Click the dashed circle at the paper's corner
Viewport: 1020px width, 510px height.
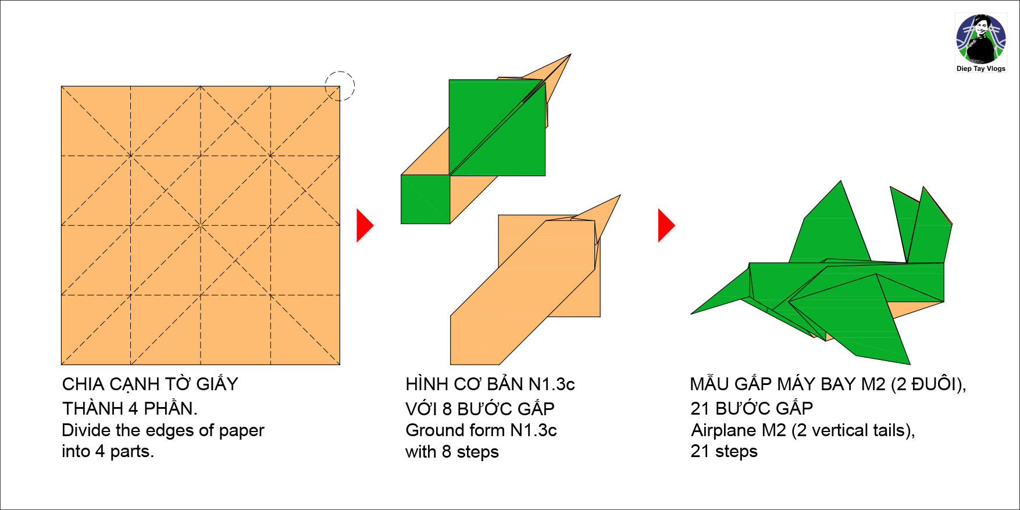(x=340, y=86)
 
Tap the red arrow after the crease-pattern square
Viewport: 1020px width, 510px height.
(x=364, y=226)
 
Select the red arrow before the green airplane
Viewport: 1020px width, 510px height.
(x=665, y=226)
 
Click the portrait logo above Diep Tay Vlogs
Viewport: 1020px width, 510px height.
(x=981, y=39)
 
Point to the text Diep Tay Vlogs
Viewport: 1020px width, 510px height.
(x=981, y=69)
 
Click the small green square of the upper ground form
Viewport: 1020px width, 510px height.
(x=425, y=199)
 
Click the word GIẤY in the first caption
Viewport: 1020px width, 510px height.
(x=217, y=384)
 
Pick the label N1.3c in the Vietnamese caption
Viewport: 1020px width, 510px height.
(x=551, y=384)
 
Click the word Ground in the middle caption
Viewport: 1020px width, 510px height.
(x=430, y=430)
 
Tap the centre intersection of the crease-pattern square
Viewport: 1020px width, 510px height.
(x=201, y=226)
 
